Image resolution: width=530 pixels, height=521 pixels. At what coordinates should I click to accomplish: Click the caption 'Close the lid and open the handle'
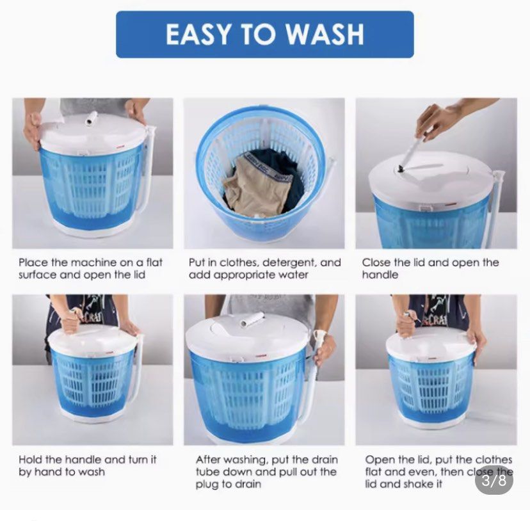tap(430, 268)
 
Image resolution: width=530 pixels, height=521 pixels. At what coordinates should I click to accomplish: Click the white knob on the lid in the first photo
tap(92, 118)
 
